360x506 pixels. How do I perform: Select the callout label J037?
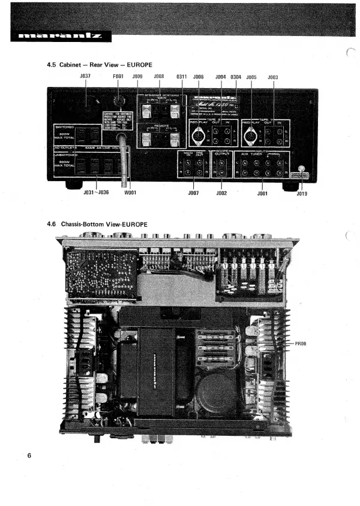click(x=85, y=77)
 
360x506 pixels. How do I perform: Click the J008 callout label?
click(x=159, y=77)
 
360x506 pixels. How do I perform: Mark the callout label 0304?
click(x=236, y=77)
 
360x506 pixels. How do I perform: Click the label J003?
click(x=273, y=77)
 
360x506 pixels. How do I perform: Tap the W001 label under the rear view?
click(x=130, y=193)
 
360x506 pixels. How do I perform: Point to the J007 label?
click(x=193, y=193)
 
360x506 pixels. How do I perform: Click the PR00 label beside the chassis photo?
click(x=301, y=344)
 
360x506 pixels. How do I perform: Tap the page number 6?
click(x=29, y=456)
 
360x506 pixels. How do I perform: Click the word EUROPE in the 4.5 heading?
click(x=135, y=64)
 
